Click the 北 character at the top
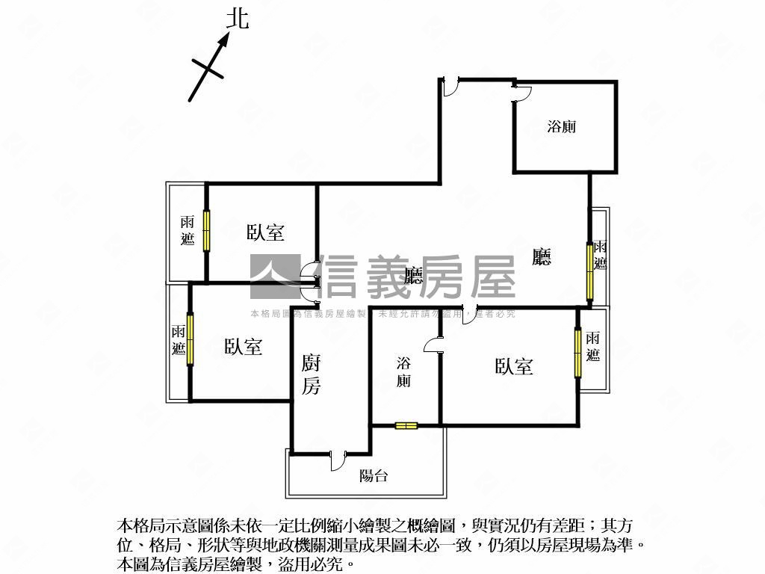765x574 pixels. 238,18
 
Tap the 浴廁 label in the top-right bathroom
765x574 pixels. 562,126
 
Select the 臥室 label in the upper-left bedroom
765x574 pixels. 265,232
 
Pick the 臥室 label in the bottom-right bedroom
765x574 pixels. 514,366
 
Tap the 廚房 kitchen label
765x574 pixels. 312,374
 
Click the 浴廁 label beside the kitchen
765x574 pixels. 403,372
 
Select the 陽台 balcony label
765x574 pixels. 374,475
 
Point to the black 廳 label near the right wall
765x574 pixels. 542,258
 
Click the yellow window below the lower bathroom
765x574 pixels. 406,426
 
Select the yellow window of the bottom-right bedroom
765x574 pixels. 577,352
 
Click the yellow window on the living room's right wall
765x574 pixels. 589,269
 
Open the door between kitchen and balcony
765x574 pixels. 338,458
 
